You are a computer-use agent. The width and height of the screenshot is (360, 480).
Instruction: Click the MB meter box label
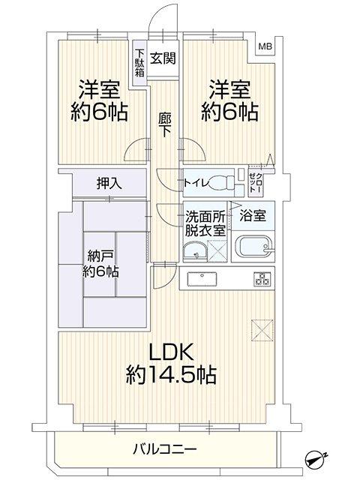tap(265, 46)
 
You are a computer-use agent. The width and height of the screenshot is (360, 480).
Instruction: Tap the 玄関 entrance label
tap(163, 58)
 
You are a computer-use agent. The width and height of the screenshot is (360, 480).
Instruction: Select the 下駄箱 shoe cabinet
tap(139, 63)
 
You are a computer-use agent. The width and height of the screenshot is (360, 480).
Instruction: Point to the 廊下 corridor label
tap(165, 125)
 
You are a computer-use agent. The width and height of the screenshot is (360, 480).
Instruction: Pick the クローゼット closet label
tap(255, 182)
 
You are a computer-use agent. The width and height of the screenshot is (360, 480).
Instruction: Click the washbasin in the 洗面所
tap(195, 252)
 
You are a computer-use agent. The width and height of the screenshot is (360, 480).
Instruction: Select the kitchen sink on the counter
tap(202, 278)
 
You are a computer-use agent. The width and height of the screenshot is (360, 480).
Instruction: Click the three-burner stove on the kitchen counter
tap(262, 279)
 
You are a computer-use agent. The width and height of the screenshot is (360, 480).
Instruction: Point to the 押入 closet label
tap(109, 183)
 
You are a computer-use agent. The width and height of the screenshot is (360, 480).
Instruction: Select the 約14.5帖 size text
tap(171, 374)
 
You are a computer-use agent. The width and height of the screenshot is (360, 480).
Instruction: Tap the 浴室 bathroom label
tap(253, 216)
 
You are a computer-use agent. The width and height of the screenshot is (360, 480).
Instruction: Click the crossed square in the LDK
tap(262, 330)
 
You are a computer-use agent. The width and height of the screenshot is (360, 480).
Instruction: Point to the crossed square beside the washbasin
tap(217, 251)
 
